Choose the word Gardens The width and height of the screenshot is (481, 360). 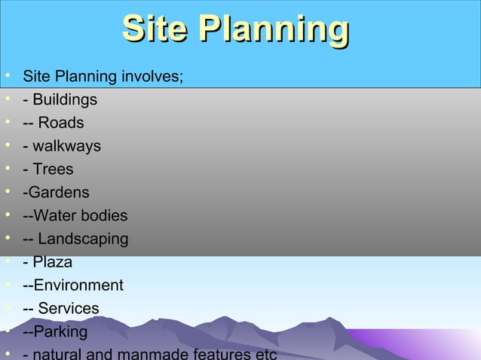coord(59,193)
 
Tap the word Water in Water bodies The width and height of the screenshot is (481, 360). coord(57,216)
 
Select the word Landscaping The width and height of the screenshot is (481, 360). coord(84,239)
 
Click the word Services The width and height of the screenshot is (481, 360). coord(69,309)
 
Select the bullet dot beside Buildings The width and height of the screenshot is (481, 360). coord(7,99)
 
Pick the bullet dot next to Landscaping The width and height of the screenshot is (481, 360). coord(7,239)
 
